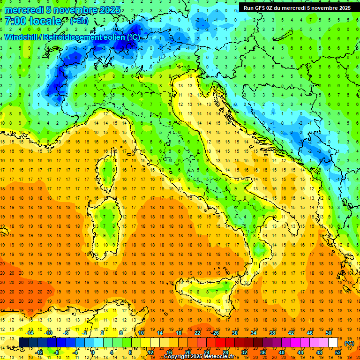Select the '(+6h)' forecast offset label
click(79, 21)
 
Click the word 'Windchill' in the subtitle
click(22, 37)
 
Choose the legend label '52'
click(338, 352)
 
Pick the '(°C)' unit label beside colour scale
click(349, 343)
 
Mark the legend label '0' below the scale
click(93, 352)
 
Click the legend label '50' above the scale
click(328, 333)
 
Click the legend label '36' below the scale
click(263, 352)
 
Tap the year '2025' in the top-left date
click(110, 10)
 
